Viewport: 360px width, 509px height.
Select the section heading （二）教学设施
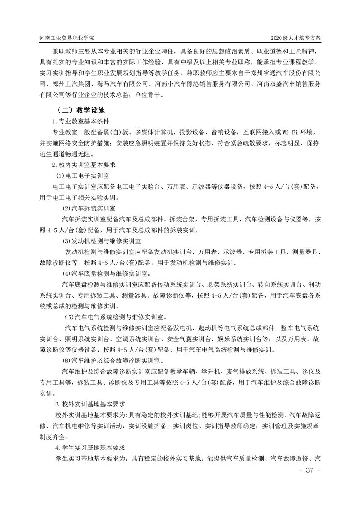[80, 110]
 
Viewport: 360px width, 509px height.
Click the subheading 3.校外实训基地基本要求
[90, 403]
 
